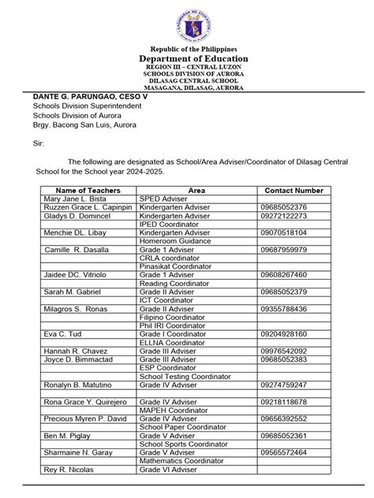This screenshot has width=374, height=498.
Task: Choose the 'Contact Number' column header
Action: click(x=294, y=190)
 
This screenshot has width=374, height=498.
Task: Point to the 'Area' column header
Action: click(x=196, y=190)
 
